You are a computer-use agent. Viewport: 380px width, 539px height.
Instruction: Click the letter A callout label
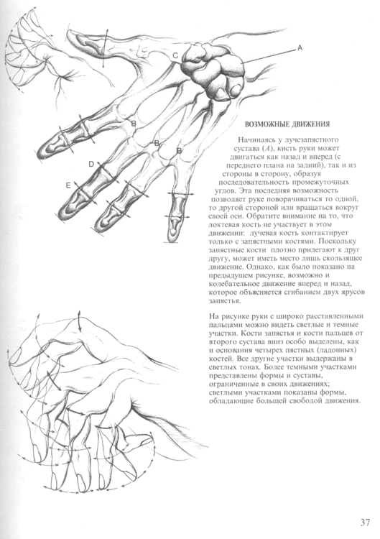tap(300, 48)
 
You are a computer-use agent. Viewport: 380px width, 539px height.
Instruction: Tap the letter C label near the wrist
tap(175, 55)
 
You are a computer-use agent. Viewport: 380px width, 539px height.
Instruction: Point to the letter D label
tap(91, 165)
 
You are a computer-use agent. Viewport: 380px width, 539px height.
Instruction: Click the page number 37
tap(366, 521)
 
